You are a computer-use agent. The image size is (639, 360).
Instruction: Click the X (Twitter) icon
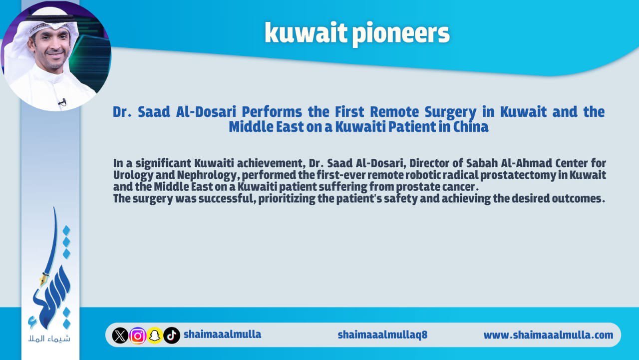pyautogui.click(x=120, y=335)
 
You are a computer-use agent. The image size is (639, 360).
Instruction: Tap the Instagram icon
pyautogui.click(x=138, y=336)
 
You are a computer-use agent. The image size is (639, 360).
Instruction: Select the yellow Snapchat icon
pyautogui.click(x=155, y=336)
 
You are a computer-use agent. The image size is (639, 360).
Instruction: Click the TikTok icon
pyautogui.click(x=172, y=335)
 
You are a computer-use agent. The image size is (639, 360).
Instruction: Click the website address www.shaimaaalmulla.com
pyautogui.click(x=548, y=335)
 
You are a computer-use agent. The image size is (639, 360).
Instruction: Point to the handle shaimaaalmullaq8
pyautogui.click(x=382, y=335)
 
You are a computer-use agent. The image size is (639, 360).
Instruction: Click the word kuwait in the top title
pyautogui.click(x=306, y=32)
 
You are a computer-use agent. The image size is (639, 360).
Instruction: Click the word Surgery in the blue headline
pyautogui.click(x=450, y=112)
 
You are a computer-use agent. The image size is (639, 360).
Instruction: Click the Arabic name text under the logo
pyautogui.click(x=49, y=339)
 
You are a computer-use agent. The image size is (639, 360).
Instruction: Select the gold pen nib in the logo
pyautogui.click(x=44, y=279)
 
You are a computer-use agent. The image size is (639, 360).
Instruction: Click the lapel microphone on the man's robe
pyautogui.click(x=62, y=102)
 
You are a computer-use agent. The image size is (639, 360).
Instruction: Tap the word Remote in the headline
pyautogui.click(x=394, y=111)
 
